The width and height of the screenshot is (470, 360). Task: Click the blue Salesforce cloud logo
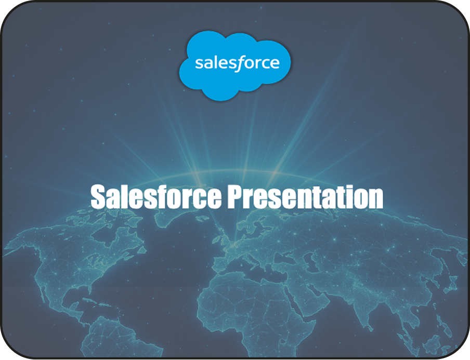(x=234, y=65)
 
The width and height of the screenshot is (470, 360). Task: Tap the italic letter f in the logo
(x=239, y=63)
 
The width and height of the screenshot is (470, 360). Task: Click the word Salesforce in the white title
(x=156, y=197)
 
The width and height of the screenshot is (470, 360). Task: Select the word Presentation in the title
(x=305, y=197)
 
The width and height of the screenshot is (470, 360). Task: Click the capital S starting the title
(x=98, y=197)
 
